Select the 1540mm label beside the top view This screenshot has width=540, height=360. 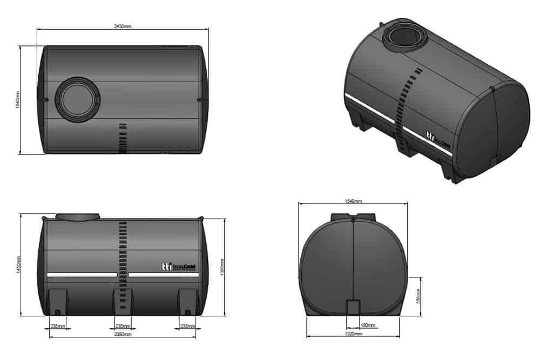18,100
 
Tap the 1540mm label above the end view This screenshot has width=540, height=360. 354,201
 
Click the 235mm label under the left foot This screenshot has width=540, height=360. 58,326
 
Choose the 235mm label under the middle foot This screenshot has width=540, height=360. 123,326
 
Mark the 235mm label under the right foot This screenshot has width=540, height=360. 188,326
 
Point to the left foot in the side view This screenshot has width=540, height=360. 58,301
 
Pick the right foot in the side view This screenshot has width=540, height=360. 187,301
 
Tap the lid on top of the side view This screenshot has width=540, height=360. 78,216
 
